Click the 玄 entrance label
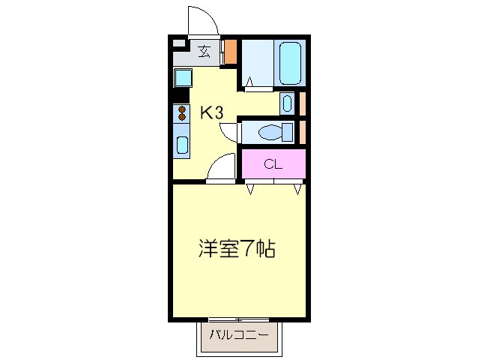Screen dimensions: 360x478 pyautogui.click(x=204, y=52)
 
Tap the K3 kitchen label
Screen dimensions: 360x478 pyautogui.click(x=211, y=113)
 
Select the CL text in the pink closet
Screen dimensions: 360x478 pyautogui.click(x=273, y=164)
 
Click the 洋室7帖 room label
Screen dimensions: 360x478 pyautogui.click(x=237, y=248)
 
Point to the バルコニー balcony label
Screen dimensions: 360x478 pyautogui.click(x=238, y=334)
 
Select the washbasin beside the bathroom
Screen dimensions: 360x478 pyautogui.click(x=288, y=103)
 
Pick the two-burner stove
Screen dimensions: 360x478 pyautogui.click(x=182, y=114)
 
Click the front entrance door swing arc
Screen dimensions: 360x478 pyautogui.click(x=201, y=19)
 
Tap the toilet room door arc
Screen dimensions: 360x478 pyautogui.click(x=229, y=132)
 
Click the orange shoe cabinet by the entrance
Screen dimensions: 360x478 pyautogui.click(x=232, y=52)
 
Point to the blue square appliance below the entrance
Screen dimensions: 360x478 pyautogui.click(x=183, y=77)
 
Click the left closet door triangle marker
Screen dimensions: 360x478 pyautogui.click(x=249, y=189)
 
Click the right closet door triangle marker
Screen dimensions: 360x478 pyautogui.click(x=298, y=189)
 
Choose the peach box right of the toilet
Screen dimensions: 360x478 pyautogui.click(x=303, y=132)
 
